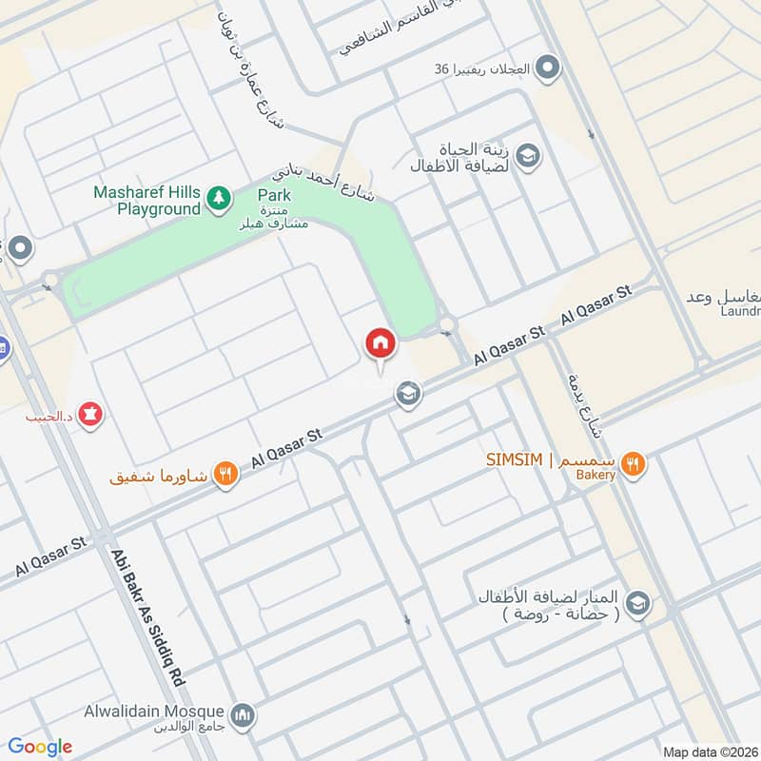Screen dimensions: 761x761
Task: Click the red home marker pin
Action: coord(380,343)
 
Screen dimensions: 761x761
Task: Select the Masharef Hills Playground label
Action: coord(146,200)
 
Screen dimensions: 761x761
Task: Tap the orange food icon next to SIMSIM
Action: coord(634,463)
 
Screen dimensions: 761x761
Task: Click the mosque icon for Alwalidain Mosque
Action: coord(243,712)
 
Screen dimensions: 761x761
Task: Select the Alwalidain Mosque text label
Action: coord(166,712)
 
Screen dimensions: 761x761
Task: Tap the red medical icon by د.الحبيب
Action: coord(91,415)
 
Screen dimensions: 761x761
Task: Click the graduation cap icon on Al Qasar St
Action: coord(409,393)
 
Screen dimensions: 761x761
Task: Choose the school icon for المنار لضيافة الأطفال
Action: coord(637,603)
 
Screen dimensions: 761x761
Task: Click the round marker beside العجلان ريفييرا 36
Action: coord(547,68)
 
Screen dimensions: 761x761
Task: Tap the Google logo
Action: coord(40,747)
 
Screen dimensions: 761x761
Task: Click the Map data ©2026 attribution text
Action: coord(708,751)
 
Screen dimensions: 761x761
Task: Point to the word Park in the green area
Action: coord(274,195)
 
